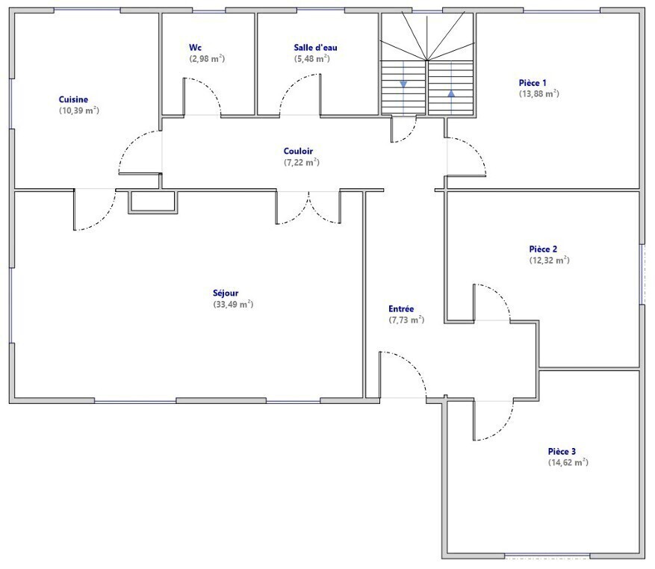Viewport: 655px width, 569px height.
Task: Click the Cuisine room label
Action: click(73, 99)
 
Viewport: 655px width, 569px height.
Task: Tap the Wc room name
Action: click(195, 48)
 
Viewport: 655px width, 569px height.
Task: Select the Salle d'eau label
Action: click(315, 48)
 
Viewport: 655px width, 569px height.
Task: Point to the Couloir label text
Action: click(298, 152)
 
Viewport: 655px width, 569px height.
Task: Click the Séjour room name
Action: click(226, 293)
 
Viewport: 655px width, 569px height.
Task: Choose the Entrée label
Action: click(401, 309)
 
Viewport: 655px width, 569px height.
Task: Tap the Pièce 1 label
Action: click(533, 83)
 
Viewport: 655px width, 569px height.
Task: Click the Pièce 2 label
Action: click(543, 249)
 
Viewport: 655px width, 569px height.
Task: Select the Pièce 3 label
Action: click(562, 452)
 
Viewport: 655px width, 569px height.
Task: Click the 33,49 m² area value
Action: click(233, 305)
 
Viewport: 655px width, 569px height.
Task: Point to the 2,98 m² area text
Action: click(207, 59)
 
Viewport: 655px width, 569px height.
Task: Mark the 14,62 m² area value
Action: click(568, 462)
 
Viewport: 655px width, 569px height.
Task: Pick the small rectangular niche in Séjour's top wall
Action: click(153, 202)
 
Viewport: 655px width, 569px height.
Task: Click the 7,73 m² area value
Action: click(406, 320)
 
